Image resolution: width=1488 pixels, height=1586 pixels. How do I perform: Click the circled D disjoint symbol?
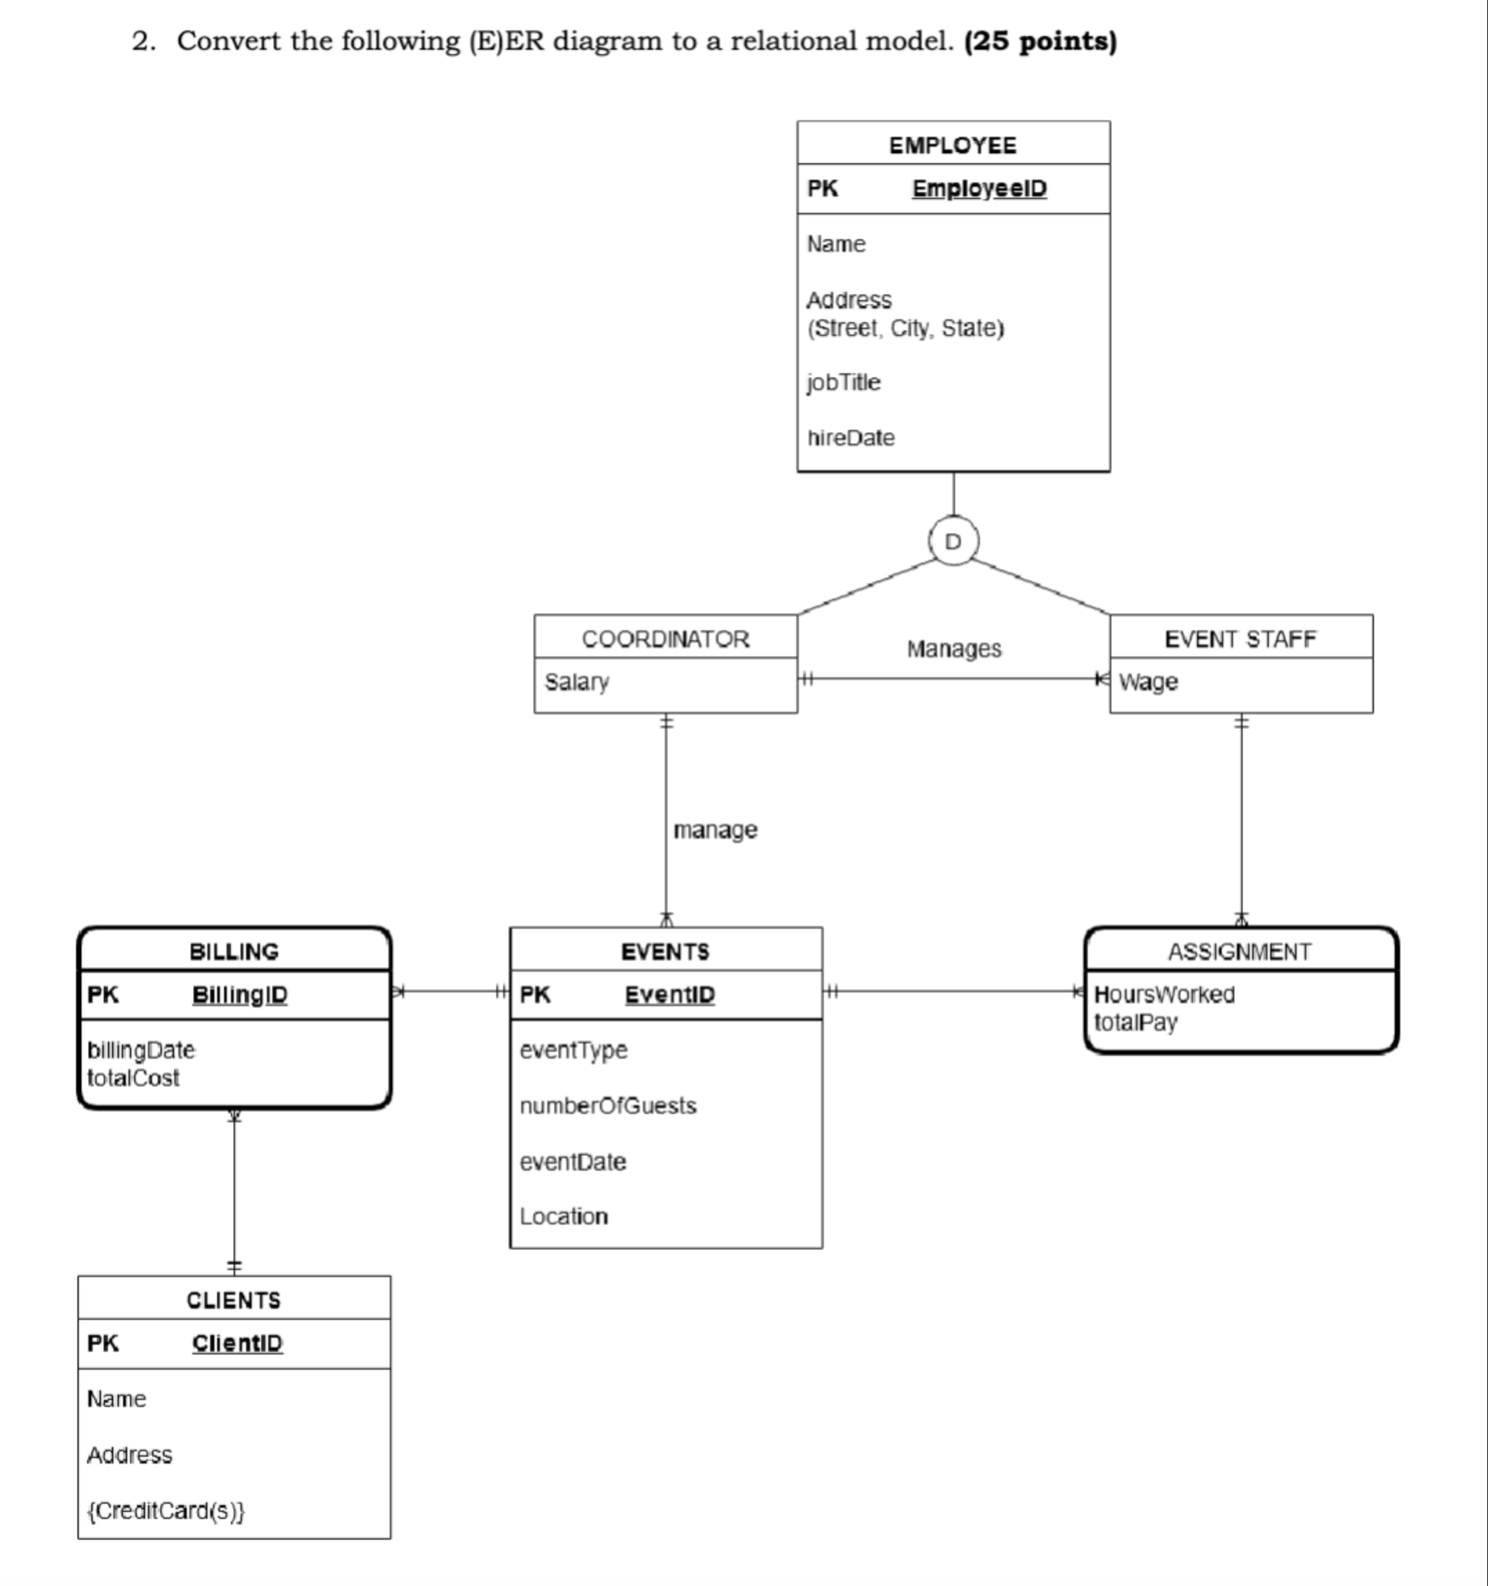coord(954,542)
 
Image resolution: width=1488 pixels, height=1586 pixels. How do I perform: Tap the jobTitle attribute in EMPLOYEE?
coord(844,383)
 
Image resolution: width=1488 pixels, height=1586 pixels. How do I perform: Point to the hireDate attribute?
coord(851,438)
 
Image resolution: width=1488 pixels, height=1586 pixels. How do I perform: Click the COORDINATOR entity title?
coord(666,639)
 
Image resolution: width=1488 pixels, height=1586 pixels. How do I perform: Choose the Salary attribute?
coord(576,682)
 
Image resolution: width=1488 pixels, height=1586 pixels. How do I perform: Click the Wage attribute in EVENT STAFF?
coord(1148,682)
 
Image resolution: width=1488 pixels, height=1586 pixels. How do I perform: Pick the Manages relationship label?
coord(954,650)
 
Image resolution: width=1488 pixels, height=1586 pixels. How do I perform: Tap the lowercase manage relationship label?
coord(715,831)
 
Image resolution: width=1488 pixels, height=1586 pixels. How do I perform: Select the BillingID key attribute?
coord(239,995)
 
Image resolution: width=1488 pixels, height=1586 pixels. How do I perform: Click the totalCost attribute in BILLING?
coord(133,1079)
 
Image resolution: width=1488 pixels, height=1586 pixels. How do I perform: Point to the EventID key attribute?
coord(670,995)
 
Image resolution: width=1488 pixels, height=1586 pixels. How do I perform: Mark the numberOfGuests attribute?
coord(608,1106)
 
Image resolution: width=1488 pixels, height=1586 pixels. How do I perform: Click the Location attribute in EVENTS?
coord(563,1217)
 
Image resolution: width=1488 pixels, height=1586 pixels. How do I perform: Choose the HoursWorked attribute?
coord(1164,995)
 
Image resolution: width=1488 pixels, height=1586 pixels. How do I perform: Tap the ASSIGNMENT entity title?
coord(1239,952)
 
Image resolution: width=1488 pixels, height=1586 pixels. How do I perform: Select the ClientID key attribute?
coord(237,1343)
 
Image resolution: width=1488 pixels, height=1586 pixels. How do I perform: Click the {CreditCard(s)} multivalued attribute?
coord(166,1511)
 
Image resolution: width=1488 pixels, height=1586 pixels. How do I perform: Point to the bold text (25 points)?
coord(1040,41)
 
